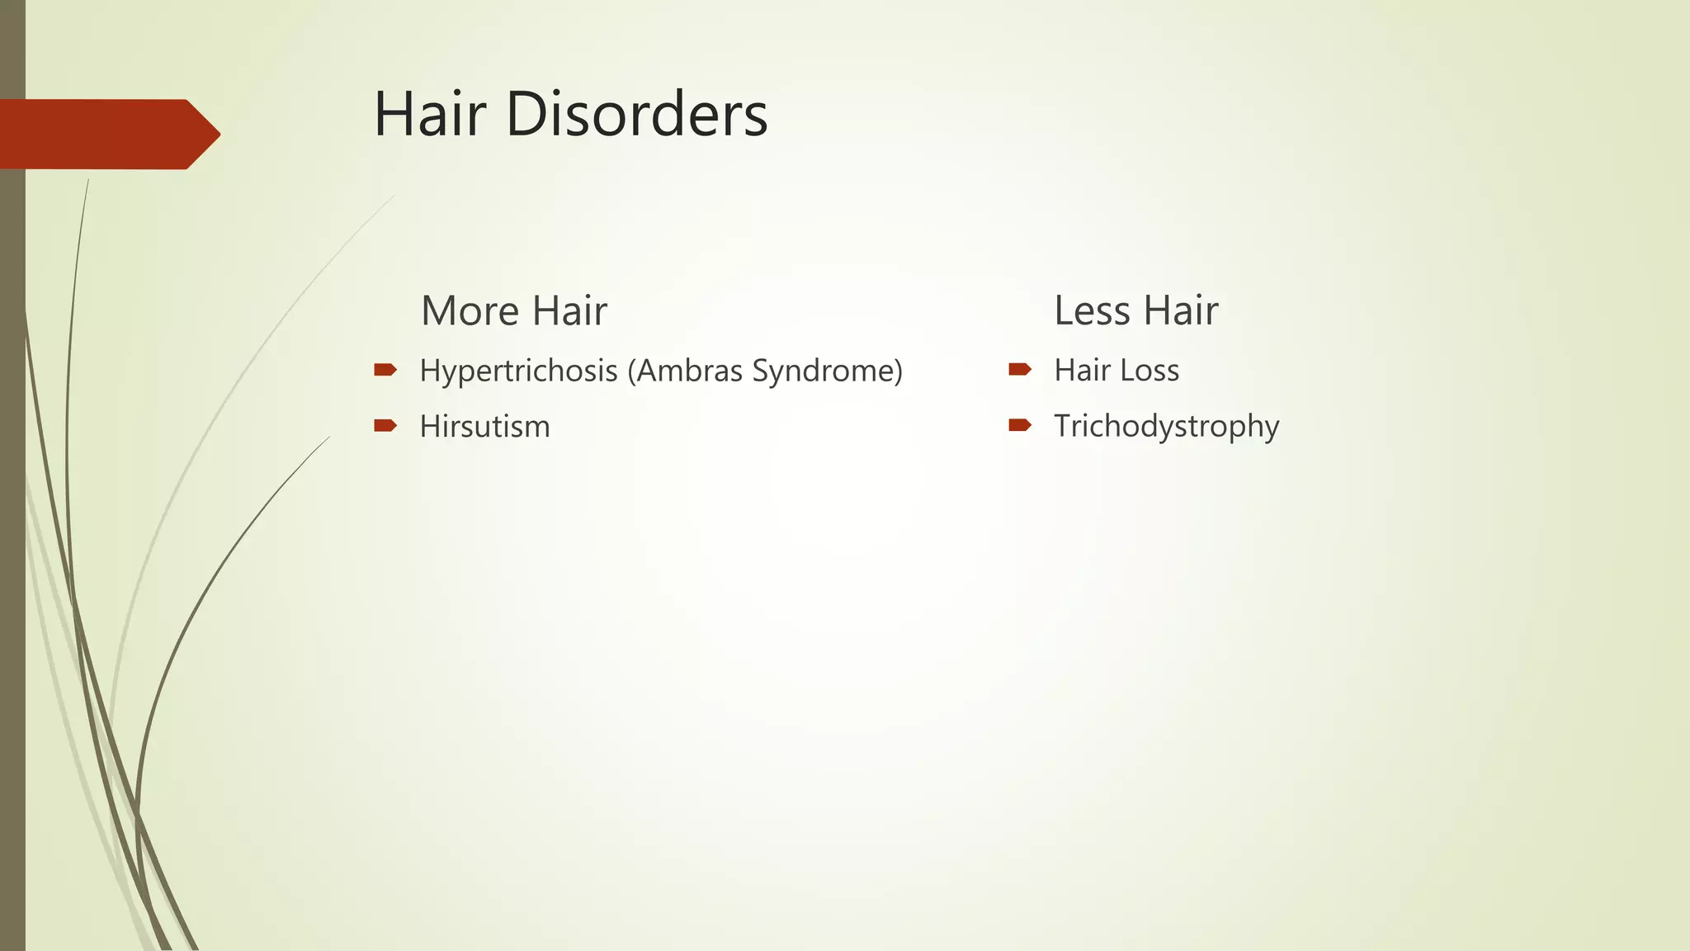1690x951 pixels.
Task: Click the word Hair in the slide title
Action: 430,114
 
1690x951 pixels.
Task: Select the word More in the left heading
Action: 470,311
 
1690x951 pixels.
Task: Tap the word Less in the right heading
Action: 1092,311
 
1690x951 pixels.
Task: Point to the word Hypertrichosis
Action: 518,371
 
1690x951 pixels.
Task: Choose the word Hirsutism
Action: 484,427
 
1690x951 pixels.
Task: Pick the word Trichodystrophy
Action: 1166,427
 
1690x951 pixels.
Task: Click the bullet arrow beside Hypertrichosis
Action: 385,370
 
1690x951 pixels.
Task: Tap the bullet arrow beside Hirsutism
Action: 385,426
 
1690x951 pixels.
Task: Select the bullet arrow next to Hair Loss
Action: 1020,370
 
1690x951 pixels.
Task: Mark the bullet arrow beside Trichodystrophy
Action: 1020,425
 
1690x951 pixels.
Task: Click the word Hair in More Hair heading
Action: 569,311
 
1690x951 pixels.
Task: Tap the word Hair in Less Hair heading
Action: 1181,311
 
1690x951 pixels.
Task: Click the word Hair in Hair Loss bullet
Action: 1082,371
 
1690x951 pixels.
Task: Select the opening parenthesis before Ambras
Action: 631,371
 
